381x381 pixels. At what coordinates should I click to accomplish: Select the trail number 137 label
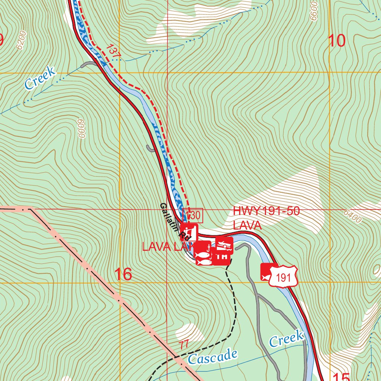[113, 51]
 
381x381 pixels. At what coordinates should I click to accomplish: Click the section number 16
[123, 275]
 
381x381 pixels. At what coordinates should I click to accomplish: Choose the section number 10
[337, 41]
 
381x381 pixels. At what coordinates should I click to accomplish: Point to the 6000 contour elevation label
[80, 128]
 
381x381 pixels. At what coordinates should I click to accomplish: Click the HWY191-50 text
[266, 211]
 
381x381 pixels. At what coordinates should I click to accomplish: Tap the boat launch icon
[224, 244]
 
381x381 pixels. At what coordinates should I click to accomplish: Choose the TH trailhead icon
[222, 257]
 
